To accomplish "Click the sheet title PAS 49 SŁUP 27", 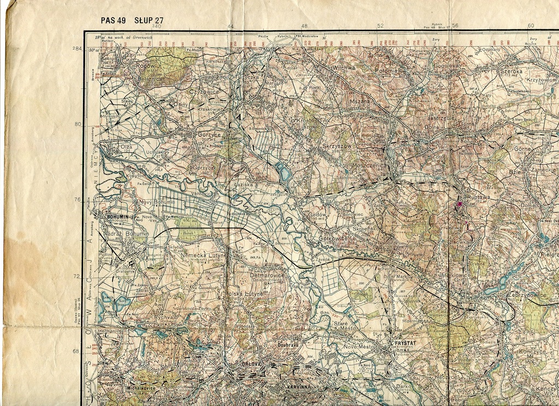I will click(x=132, y=21).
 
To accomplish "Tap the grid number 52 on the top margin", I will click(x=380, y=26).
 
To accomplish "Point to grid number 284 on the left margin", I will click(x=76, y=49).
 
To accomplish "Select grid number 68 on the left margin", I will click(x=76, y=351).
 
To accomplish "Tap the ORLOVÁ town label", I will click(x=253, y=364).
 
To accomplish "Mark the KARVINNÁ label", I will click(x=299, y=387).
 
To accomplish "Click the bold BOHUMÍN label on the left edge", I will click(x=117, y=217).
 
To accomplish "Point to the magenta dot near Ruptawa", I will click(x=459, y=204).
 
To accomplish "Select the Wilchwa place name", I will click(x=344, y=68).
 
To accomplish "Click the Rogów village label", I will click(x=146, y=65).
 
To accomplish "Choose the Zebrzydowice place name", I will click(x=527, y=295).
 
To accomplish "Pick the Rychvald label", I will click(x=166, y=317).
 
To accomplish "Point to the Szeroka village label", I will click(x=511, y=71).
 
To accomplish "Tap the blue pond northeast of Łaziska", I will click(x=284, y=174).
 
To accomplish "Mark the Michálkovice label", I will click(x=134, y=388).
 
